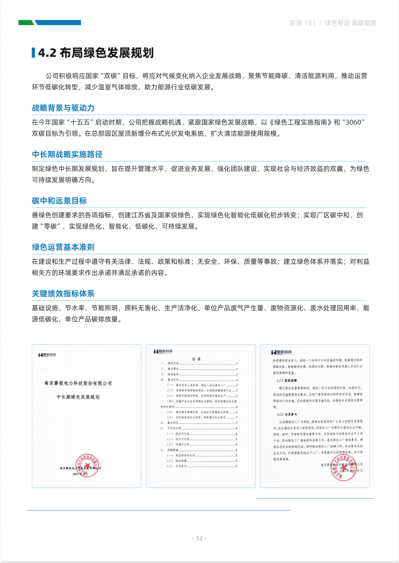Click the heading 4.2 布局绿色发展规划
coord(96,53)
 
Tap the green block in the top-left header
coord(26,23)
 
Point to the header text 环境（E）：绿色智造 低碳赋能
coord(333,23)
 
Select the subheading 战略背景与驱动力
coord(63,108)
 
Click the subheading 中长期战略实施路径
coord(67,154)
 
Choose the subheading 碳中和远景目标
coord(59,201)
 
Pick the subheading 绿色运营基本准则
coord(63,247)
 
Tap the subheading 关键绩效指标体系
coord(63,294)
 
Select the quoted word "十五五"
coord(80,122)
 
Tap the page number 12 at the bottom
coord(199,538)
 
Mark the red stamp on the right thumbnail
coord(343,467)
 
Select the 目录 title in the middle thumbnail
coord(196,359)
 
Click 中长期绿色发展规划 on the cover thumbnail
coord(78,397)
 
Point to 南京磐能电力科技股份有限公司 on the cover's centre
coord(78,383)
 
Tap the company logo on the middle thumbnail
coord(163,351)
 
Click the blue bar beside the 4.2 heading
coord(34,53)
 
